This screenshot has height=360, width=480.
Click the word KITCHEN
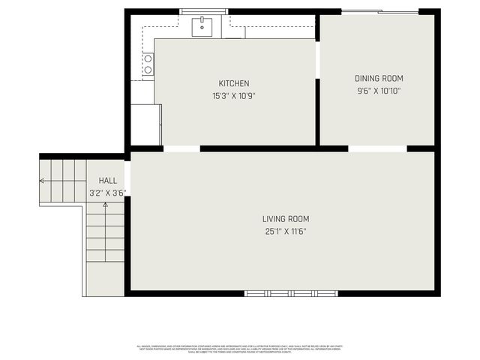(x=234, y=83)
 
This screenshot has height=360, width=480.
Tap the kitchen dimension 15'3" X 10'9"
(x=234, y=95)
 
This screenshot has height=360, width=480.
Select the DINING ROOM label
(x=379, y=78)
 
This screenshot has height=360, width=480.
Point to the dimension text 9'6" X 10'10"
(x=379, y=91)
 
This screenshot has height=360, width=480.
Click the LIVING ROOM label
(x=285, y=219)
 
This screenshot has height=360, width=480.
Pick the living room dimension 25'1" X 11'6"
(x=285, y=231)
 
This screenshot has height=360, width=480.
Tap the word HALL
(x=107, y=181)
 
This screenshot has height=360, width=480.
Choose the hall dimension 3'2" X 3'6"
(x=107, y=193)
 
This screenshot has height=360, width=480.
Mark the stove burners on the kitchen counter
(x=148, y=64)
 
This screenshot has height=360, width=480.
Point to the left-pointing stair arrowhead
(x=42, y=181)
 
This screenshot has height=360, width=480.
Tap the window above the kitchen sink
(x=203, y=11)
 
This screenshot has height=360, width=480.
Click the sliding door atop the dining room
(x=380, y=11)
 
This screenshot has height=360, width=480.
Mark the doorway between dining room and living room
(x=377, y=148)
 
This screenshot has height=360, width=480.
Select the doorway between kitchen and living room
(x=181, y=148)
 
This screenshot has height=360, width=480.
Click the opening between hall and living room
(x=127, y=177)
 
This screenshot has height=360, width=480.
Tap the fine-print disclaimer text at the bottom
(x=239, y=348)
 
